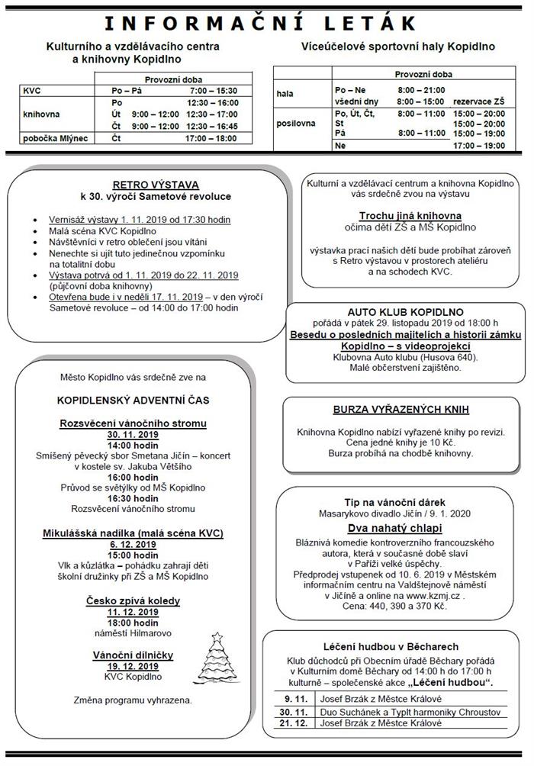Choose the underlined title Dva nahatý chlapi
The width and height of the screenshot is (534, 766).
click(x=395, y=527)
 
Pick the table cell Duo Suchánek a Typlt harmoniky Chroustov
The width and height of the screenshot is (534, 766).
click(x=402, y=712)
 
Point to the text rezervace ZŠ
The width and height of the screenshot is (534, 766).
click(x=478, y=101)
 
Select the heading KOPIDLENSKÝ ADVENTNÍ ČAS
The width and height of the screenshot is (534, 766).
click(x=133, y=400)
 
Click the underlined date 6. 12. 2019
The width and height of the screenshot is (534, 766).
click(x=133, y=545)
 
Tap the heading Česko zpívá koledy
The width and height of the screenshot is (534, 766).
click(x=133, y=601)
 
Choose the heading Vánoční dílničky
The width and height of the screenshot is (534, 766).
click(x=133, y=655)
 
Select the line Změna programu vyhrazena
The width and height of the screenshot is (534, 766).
click(x=133, y=700)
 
